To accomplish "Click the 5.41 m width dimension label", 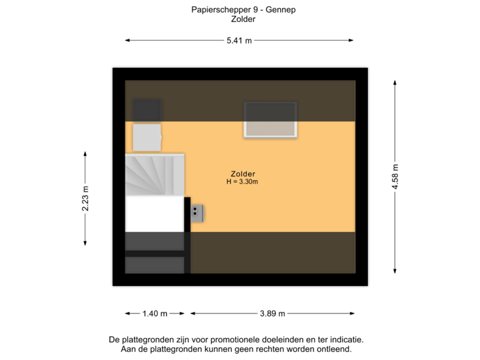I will coord(239,41).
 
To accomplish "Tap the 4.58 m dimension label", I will coord(395,177).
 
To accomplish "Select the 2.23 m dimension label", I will coord(85,198).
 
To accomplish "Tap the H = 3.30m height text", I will coord(242,182).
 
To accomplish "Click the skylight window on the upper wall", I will coord(270,119).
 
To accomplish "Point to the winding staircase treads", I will coord(154,175).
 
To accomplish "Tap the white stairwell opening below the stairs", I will coord(154,214).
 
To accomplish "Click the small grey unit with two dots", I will coord(197,213).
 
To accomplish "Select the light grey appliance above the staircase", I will coord(147,137).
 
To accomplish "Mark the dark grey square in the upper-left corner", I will coord(147,110).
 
